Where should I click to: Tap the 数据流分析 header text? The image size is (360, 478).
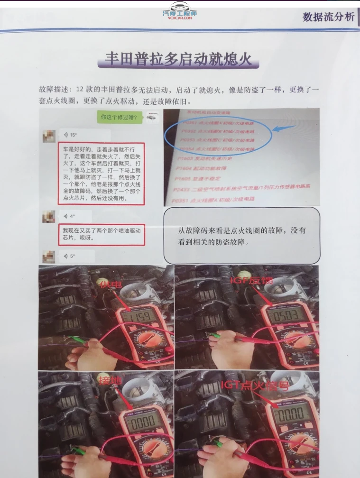328,17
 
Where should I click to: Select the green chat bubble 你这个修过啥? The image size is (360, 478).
118,117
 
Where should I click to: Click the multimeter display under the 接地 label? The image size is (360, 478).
139,421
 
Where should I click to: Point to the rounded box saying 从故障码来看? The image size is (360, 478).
241,235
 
